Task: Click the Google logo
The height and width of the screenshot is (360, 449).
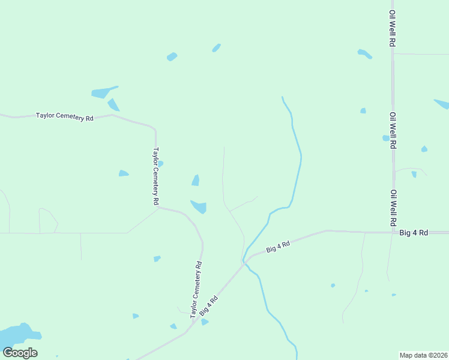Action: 20,352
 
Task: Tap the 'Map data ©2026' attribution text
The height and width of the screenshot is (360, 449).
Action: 423,355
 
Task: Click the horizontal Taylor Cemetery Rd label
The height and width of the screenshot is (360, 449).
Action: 65,116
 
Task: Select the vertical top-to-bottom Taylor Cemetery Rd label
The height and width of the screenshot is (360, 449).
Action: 156,177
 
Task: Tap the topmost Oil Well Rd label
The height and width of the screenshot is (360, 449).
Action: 392,28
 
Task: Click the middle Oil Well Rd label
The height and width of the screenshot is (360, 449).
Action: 393,130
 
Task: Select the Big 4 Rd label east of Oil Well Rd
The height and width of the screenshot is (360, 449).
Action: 414,232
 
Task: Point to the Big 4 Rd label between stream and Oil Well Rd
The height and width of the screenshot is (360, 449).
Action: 279,245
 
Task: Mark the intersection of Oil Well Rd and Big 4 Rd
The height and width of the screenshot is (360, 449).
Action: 393,232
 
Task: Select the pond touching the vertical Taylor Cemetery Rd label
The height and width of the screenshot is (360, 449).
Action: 160,163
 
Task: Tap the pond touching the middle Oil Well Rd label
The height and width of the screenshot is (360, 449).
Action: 386,138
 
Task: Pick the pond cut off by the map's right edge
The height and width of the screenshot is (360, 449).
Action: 442,104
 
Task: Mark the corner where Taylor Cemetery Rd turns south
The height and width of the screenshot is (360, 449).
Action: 155,127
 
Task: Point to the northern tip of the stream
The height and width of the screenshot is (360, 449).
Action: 282,97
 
